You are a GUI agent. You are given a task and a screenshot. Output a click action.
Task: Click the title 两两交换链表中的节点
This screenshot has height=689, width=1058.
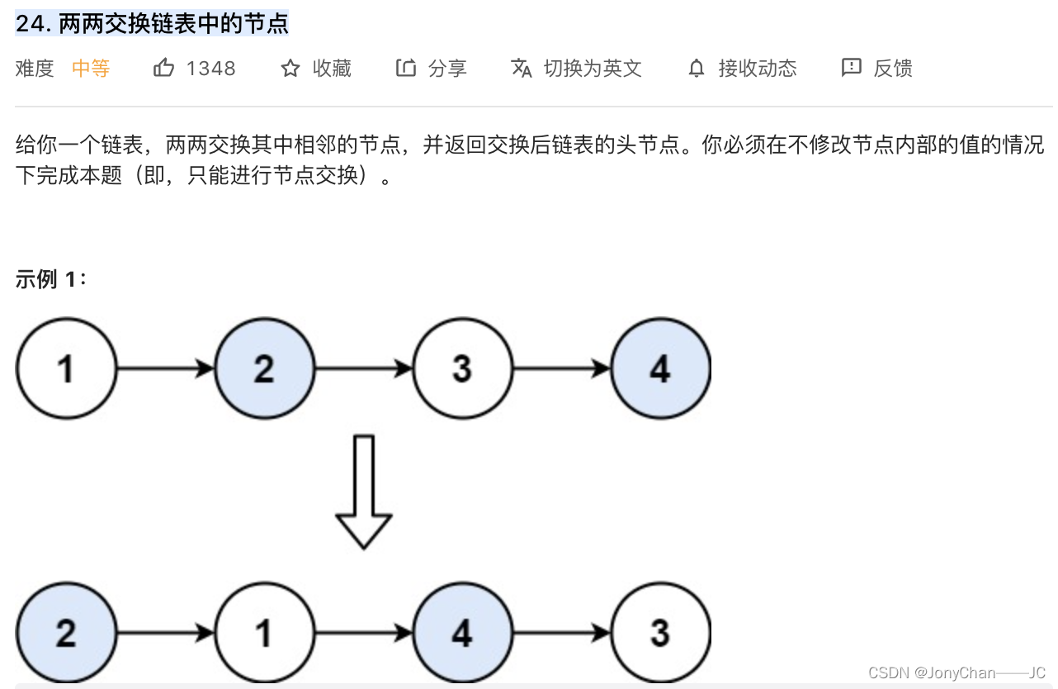point(173,24)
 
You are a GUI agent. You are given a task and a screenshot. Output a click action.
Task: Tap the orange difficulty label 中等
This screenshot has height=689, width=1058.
point(91,69)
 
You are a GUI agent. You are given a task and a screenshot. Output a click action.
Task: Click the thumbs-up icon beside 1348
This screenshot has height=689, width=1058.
point(163,68)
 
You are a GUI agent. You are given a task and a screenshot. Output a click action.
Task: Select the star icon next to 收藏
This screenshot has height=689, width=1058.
point(290,69)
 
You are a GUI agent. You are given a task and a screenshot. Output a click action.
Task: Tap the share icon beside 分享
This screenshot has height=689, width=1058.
point(405,68)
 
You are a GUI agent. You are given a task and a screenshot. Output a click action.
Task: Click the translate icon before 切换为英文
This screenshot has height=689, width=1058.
point(522,68)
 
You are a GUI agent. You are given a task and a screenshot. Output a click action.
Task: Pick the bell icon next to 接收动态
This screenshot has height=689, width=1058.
point(697,69)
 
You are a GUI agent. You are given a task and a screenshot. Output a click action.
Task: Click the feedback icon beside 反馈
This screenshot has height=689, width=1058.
point(851,68)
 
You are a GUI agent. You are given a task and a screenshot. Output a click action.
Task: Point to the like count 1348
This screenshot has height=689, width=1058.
point(211,69)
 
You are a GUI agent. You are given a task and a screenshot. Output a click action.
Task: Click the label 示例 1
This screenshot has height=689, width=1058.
point(50,280)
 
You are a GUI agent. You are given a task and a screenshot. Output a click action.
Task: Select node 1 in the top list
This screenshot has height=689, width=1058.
point(66,368)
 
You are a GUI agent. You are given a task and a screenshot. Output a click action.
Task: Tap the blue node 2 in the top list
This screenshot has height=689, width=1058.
point(264,368)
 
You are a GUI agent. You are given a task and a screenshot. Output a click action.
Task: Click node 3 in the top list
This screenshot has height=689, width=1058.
point(462,368)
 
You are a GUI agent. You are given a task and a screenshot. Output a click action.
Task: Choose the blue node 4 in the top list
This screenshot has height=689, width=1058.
point(660,368)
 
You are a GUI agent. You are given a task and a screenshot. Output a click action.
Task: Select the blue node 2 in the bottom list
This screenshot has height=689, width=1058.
point(66,633)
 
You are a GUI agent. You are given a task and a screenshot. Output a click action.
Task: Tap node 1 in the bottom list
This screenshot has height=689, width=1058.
point(264,633)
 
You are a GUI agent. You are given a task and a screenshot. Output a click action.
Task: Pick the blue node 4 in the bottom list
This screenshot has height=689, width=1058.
point(462,633)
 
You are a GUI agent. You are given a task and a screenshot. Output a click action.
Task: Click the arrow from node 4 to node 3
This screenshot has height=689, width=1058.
point(561,633)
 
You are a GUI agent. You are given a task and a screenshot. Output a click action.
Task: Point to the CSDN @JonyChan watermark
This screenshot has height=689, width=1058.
point(956,672)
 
